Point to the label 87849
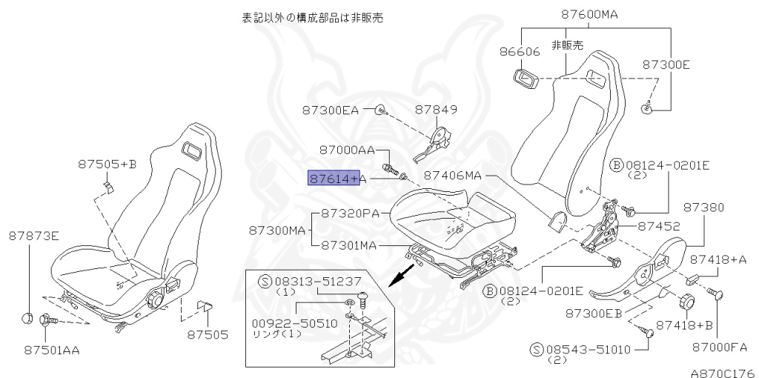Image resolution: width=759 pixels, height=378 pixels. [x=436, y=110]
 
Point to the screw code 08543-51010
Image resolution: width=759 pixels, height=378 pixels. [x=586, y=348]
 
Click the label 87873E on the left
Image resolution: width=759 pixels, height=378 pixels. [x=34, y=236]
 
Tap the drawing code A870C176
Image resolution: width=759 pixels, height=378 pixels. [x=723, y=372]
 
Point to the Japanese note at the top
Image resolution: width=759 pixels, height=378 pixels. [x=312, y=16]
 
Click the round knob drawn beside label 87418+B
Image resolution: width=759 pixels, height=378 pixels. [x=685, y=302]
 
